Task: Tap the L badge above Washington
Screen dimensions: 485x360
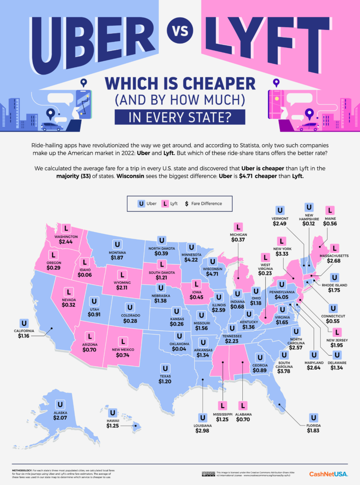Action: click(x=67, y=228)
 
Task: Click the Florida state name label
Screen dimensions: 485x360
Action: click(x=313, y=425)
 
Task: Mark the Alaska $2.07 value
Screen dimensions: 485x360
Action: click(x=60, y=417)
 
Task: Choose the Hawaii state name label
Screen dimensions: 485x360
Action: click(x=112, y=421)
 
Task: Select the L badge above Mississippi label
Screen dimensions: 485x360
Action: click(x=223, y=405)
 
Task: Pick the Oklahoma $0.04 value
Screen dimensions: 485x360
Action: click(x=179, y=350)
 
